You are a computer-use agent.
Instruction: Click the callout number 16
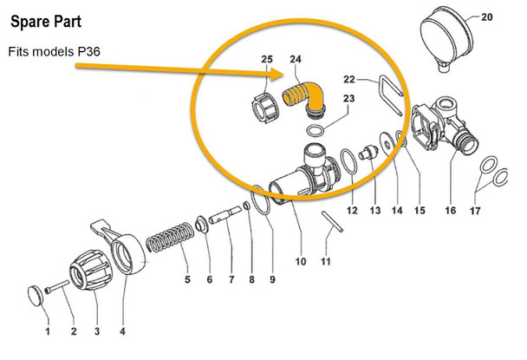(x=450, y=211)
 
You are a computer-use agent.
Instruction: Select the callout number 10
(x=301, y=260)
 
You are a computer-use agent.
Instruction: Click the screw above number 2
(x=57, y=287)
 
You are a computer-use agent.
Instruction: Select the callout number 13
(x=375, y=211)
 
